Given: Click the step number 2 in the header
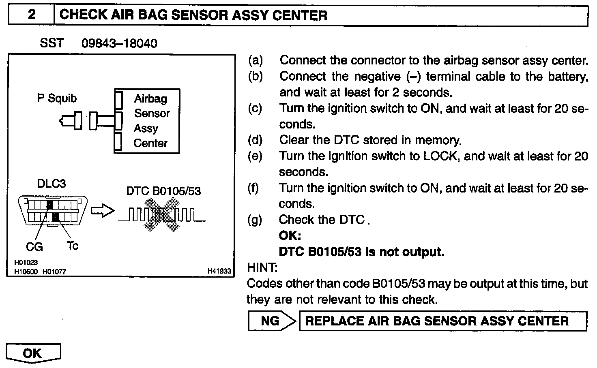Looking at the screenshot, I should (x=31, y=15).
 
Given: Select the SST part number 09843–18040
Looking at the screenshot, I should (x=119, y=43).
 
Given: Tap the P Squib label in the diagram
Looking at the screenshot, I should (x=57, y=98).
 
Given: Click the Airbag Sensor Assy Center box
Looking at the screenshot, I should (x=147, y=121).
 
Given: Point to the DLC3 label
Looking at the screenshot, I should (x=52, y=184).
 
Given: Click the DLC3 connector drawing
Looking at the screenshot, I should (x=53, y=210).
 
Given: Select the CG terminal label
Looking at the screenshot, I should (x=34, y=246).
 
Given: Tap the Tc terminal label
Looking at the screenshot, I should (x=72, y=246).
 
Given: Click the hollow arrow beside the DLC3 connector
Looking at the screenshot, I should (x=101, y=211).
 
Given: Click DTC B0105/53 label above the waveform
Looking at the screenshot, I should (x=163, y=191).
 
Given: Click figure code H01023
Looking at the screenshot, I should (x=26, y=263).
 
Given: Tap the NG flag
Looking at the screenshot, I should (x=271, y=321).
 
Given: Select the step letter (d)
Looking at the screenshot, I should (x=255, y=140).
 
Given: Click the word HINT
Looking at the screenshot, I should (x=262, y=267).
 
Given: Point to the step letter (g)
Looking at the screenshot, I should (x=255, y=220).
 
